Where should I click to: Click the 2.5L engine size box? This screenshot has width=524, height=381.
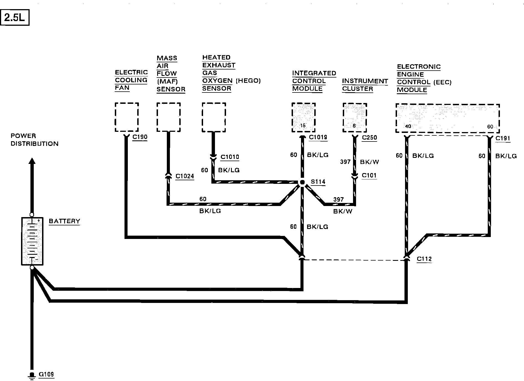click(x=15, y=18)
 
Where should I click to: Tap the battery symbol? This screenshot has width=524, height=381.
click(x=32, y=241)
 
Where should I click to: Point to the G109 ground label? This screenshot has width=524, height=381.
click(x=46, y=374)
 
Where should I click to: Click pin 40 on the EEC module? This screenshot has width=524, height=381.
click(x=408, y=126)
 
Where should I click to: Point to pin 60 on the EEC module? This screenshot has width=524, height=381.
click(x=490, y=127)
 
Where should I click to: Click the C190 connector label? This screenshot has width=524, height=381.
click(x=140, y=137)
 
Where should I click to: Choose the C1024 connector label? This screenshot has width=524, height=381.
click(x=185, y=176)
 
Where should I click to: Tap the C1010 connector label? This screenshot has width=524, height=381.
click(x=230, y=157)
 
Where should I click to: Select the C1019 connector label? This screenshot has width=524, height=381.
click(x=318, y=137)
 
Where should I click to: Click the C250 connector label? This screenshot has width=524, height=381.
click(x=369, y=138)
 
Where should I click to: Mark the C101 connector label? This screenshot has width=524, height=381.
click(x=369, y=176)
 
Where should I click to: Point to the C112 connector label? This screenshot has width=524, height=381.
click(x=424, y=259)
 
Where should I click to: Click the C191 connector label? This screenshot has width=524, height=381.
click(x=503, y=138)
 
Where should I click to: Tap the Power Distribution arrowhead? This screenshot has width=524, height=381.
click(x=32, y=161)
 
